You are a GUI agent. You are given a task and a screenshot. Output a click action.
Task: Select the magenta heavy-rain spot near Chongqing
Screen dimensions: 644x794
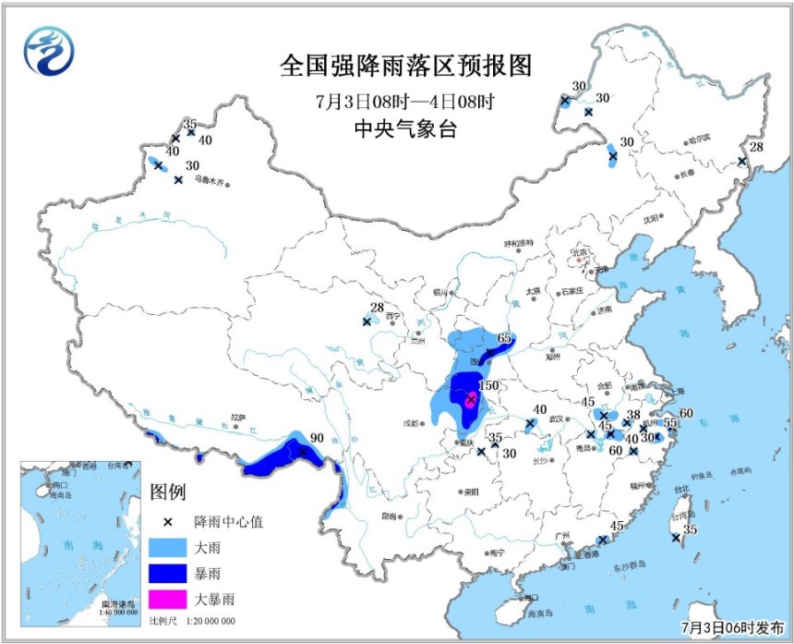[x=471, y=399]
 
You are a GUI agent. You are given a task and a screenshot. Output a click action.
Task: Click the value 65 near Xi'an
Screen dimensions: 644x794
[x=504, y=338]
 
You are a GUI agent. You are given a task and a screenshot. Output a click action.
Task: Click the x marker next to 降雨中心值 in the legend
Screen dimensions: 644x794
[x=166, y=522]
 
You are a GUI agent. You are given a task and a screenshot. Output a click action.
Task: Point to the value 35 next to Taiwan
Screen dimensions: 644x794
[x=690, y=529]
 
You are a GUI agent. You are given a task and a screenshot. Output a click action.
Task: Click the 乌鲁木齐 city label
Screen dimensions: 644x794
[x=210, y=181]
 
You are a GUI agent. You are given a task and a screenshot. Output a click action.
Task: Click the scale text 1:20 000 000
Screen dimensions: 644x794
[x=205, y=621]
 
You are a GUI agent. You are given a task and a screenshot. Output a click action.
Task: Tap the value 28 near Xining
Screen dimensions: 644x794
[x=376, y=308]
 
